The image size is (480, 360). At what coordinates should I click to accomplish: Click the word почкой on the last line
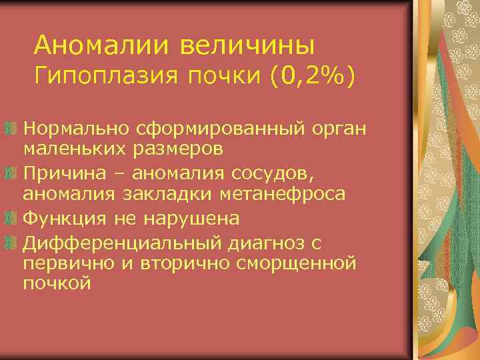pyautogui.click(x=56, y=284)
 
